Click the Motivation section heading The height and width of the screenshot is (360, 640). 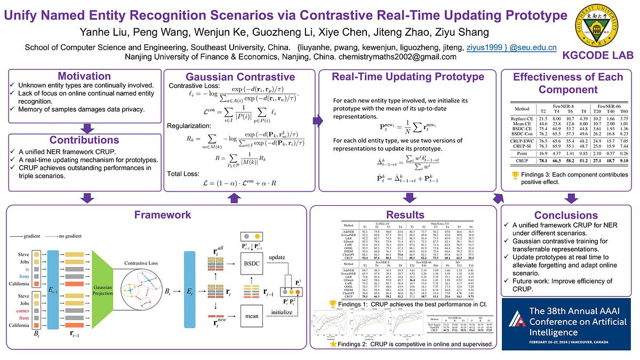84,76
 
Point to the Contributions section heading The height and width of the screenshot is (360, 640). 84,140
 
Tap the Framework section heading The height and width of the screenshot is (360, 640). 156,214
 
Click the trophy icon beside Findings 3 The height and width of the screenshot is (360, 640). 515,174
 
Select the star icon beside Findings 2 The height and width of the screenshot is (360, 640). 333,345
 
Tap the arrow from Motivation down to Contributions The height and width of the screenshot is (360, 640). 84,127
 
